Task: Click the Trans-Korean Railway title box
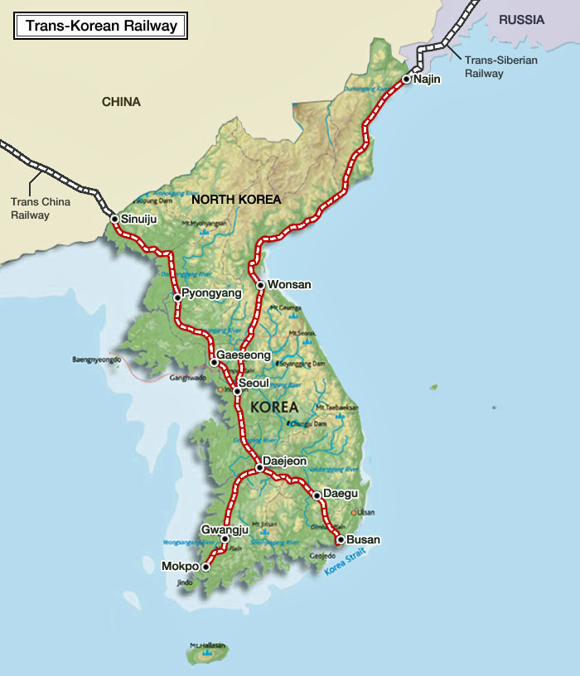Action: click(x=101, y=26)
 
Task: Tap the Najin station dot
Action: click(x=406, y=80)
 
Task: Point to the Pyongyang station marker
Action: click(x=177, y=297)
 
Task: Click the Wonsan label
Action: click(x=289, y=284)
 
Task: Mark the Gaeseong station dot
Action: click(x=214, y=361)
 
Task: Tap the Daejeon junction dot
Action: click(x=259, y=468)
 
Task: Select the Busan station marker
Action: click(x=340, y=539)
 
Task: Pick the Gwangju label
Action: click(x=225, y=529)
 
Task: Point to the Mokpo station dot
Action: click(x=206, y=567)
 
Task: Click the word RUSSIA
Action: click(x=522, y=20)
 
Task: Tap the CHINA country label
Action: click(x=121, y=102)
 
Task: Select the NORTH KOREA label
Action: click(x=236, y=200)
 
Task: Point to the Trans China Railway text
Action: click(x=41, y=208)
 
